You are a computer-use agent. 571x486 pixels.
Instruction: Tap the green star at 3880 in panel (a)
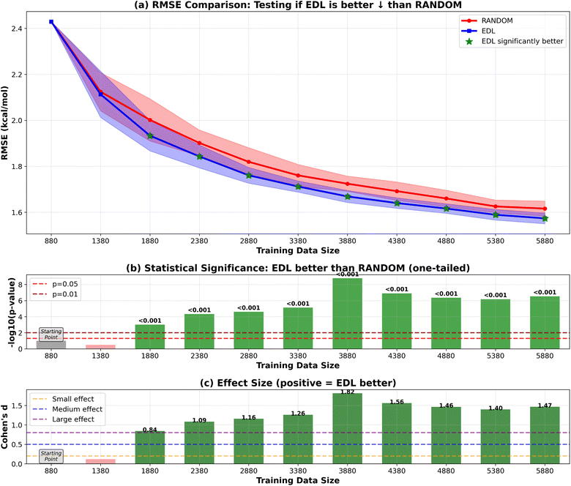tap(347, 196)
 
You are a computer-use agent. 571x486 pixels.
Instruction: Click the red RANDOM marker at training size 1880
tap(150, 120)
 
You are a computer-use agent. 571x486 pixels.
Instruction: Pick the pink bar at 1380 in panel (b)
tap(100, 346)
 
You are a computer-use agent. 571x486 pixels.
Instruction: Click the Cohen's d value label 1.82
tap(347, 392)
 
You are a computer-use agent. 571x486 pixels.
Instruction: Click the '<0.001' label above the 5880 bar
tap(544, 292)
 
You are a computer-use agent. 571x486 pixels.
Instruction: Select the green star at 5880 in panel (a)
tap(544, 218)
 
